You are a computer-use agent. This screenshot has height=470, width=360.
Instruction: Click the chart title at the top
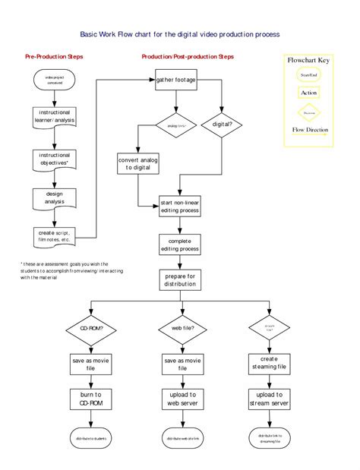coord(180,34)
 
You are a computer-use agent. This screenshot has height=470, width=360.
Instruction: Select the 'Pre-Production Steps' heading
coord(54,57)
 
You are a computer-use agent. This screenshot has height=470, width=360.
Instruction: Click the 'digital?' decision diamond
coord(222,123)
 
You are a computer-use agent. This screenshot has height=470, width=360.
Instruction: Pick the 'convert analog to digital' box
coord(137,163)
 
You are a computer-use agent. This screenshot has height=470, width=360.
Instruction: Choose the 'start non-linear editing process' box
coord(179,207)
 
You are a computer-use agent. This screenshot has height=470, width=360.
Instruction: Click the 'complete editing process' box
coord(179,244)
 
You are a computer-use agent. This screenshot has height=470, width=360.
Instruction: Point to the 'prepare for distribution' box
coord(179,280)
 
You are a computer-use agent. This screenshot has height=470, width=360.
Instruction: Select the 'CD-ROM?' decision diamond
coord(92,329)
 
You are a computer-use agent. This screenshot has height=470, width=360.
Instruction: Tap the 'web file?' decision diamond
coord(182,329)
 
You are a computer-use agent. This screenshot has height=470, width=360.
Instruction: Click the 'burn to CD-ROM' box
coord(92,399)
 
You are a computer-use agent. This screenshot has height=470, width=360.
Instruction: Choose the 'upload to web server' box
coord(182,399)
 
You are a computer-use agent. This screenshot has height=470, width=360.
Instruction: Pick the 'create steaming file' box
coord(269,363)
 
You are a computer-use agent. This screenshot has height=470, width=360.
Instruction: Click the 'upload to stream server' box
coord(269,399)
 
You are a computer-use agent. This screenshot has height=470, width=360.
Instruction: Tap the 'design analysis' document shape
coord(54,197)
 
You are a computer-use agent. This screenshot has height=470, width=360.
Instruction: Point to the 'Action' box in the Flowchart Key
coord(308,93)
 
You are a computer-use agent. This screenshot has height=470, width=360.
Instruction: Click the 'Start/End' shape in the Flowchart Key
coord(308,75)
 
